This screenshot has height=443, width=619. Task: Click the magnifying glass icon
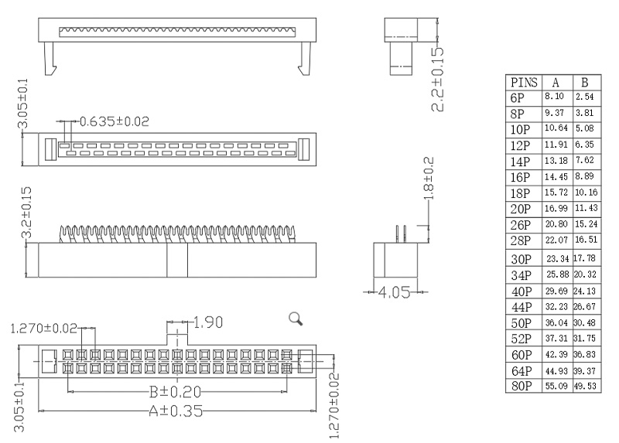(295, 318)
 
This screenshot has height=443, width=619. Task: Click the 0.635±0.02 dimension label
(115, 121)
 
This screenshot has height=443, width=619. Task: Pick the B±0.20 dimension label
(177, 392)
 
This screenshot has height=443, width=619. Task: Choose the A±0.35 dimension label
(177, 411)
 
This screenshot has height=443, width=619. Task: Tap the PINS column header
(524, 82)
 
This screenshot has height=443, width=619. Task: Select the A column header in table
(556, 82)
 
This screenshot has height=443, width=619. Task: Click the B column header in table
(585, 82)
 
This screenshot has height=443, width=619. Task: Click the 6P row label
(518, 97)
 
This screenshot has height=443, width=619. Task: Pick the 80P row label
(521, 385)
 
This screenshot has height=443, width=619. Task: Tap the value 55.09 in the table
(556, 385)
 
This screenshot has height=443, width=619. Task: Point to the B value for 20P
(586, 209)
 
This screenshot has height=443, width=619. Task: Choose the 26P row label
(521, 225)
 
